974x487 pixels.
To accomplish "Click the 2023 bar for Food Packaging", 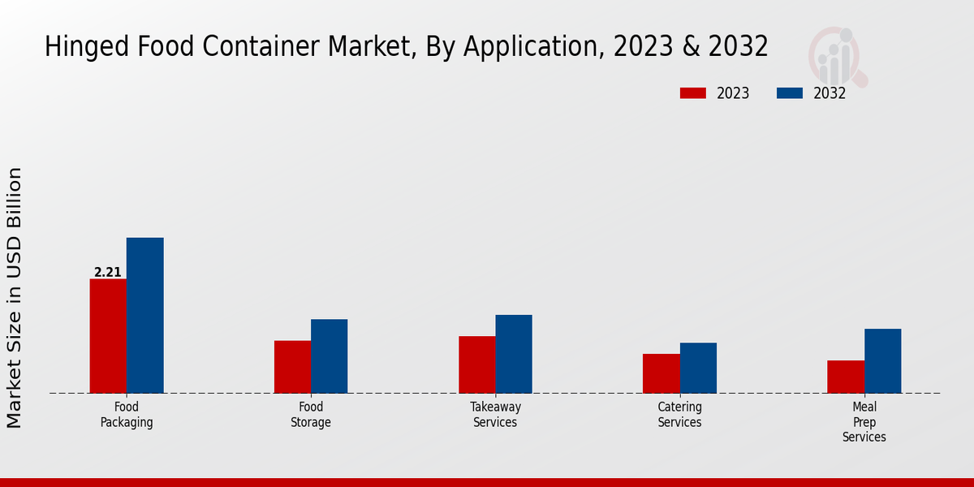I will pyautogui.click(x=108, y=336).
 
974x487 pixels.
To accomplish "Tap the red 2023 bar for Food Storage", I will pyautogui.click(x=292, y=367).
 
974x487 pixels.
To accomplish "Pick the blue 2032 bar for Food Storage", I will pyautogui.click(x=329, y=356).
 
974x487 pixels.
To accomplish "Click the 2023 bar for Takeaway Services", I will pyautogui.click(x=476, y=364).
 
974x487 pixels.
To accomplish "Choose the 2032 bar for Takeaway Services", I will pyautogui.click(x=514, y=354).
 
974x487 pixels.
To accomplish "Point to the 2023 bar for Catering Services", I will pyautogui.click(x=661, y=373).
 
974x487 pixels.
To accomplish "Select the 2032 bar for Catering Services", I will pyautogui.click(x=698, y=368).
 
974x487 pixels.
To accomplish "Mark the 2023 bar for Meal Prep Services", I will pyautogui.click(x=846, y=377).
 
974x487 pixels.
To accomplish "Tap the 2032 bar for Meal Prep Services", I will pyautogui.click(x=882, y=361).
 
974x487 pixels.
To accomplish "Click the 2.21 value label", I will pyautogui.click(x=107, y=273).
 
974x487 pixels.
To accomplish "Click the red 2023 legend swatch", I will pyautogui.click(x=692, y=93).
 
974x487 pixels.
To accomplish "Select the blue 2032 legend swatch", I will pyautogui.click(x=789, y=93).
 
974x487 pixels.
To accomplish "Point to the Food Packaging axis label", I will pyautogui.click(x=127, y=415).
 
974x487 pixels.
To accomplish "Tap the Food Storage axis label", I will pyautogui.click(x=311, y=415).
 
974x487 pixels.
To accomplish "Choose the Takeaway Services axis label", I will pyautogui.click(x=495, y=415).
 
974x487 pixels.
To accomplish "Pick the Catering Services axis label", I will pyautogui.click(x=679, y=415).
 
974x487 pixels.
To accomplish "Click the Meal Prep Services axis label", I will pyautogui.click(x=864, y=422).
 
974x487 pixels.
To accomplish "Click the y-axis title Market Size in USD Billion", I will pyautogui.click(x=15, y=298).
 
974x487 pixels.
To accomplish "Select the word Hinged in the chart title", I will pyautogui.click(x=81, y=47).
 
